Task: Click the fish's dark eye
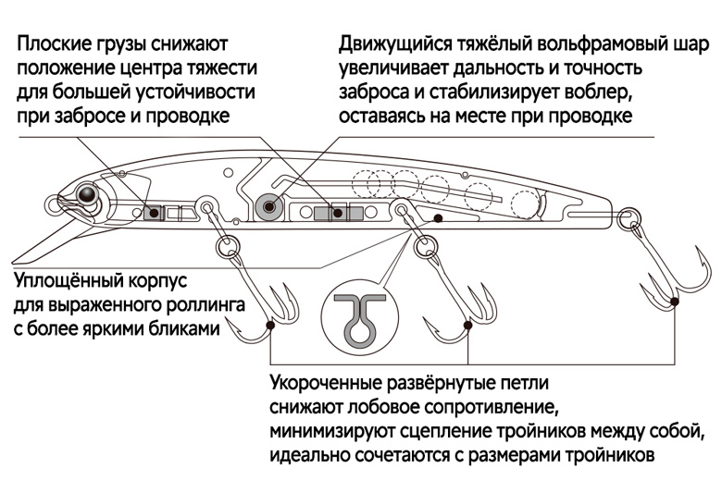click(x=87, y=193)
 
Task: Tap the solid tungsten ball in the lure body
click(x=269, y=205)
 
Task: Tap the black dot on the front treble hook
click(x=270, y=326)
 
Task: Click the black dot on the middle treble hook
click(x=467, y=326)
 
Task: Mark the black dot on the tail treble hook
click(x=675, y=302)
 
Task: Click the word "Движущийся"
click(x=396, y=44)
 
